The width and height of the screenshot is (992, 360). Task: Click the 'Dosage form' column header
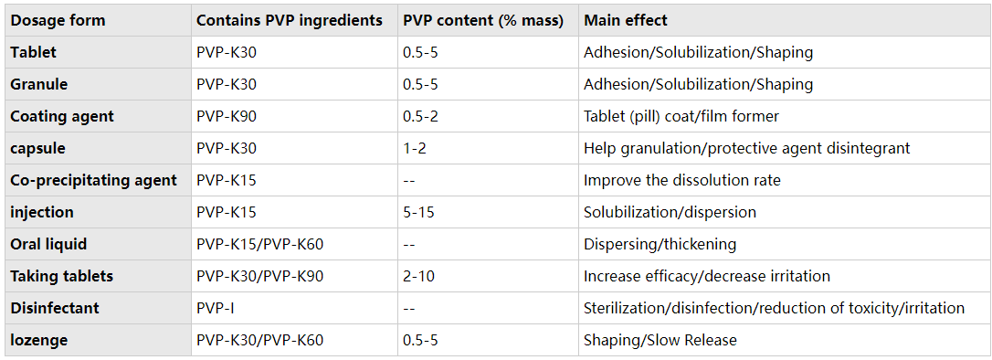click(x=58, y=20)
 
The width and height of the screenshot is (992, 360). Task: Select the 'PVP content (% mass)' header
click(x=482, y=20)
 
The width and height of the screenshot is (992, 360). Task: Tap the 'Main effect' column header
click(x=625, y=20)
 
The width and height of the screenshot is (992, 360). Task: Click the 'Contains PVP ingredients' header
click(x=290, y=20)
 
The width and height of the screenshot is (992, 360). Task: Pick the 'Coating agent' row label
click(x=62, y=116)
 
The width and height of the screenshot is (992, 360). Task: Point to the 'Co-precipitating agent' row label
click(x=94, y=180)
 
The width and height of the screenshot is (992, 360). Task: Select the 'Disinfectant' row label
click(x=55, y=308)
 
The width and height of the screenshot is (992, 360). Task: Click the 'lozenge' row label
click(x=39, y=341)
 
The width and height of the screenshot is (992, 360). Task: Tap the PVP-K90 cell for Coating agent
click(x=226, y=116)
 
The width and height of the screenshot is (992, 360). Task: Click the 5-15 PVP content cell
click(x=418, y=213)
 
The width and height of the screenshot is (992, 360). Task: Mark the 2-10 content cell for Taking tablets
click(x=418, y=277)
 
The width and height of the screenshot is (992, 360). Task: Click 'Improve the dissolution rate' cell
click(x=682, y=180)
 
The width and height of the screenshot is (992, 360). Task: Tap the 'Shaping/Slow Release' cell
click(x=660, y=341)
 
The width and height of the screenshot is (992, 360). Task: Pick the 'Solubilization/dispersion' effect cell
click(x=670, y=213)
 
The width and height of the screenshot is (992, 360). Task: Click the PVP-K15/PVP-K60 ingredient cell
click(x=260, y=244)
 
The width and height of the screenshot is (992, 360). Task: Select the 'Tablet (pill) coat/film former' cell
click(x=681, y=116)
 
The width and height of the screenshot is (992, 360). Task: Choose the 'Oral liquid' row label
click(x=48, y=244)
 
